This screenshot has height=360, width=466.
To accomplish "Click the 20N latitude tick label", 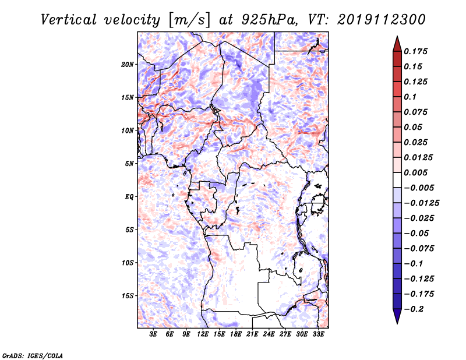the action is pos(128,65).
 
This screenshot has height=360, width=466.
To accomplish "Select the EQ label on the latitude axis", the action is pos(129,197).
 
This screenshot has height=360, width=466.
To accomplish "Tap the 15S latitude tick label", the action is pos(128,296).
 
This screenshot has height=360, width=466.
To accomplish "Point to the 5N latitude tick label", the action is pos(129,164).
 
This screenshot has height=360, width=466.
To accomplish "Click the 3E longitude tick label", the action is pos(153,334).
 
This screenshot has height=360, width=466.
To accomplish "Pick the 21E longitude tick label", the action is pos(252,334).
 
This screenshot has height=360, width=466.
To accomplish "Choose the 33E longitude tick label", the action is pos(318,334).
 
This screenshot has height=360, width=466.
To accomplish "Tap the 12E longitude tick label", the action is pos(203,334).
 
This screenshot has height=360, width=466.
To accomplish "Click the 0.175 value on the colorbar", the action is pos(415,51).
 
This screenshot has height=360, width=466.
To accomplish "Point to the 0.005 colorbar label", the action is pos(415,172).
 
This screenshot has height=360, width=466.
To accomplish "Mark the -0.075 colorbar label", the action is pos(419,249).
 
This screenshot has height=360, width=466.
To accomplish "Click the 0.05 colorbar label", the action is pos(413,127).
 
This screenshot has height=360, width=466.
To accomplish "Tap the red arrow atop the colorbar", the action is pos(397,44).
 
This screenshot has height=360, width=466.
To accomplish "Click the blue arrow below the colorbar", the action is pos(397,316).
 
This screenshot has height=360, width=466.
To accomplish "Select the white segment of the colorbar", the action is pos(397,180).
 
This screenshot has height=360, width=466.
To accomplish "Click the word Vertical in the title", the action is pos(69,20).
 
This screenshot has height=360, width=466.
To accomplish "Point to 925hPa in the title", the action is pos(269,20).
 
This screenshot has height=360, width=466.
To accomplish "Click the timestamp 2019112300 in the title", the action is pos(382,20).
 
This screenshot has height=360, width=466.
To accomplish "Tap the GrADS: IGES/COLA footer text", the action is pos(33,356).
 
